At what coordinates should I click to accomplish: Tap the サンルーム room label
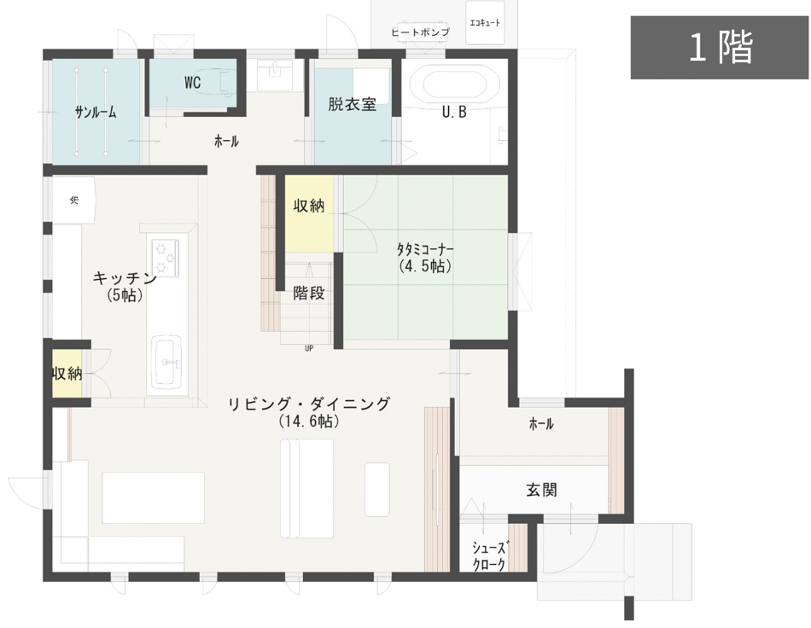(x=95, y=113)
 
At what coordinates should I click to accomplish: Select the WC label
(x=192, y=84)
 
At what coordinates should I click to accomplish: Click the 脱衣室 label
(x=352, y=105)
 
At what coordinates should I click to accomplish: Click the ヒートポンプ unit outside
(x=420, y=32)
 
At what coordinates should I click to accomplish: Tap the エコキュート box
(x=485, y=23)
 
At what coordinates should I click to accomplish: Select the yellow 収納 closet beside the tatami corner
(x=309, y=206)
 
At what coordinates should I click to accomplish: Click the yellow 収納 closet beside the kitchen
(x=67, y=374)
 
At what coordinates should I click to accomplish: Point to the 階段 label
(x=308, y=294)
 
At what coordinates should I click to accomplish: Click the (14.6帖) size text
(x=309, y=422)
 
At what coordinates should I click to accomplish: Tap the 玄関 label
(x=541, y=490)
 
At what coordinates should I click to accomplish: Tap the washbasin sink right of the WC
(x=274, y=72)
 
